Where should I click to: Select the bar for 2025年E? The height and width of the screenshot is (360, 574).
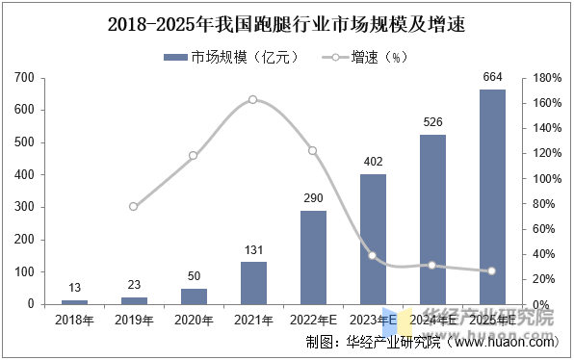coord(492,196)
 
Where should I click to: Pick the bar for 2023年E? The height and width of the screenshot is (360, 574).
coord(373,239)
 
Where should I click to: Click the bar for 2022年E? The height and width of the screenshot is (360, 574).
coord(313,257)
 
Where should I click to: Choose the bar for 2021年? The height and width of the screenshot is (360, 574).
coord(253,283)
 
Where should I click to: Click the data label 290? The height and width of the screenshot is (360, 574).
coord(313,198)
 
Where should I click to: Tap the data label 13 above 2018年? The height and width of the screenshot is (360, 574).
coord(74,288)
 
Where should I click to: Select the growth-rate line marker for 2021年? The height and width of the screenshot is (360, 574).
coord(253,99)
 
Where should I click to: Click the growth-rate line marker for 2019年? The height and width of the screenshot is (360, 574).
coord(134,206)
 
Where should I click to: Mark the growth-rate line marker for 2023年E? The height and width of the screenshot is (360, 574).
coord(373,255)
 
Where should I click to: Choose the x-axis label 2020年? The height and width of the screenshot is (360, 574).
coord(194,319)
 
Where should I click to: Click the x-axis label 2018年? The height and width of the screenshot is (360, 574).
coord(74,319)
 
